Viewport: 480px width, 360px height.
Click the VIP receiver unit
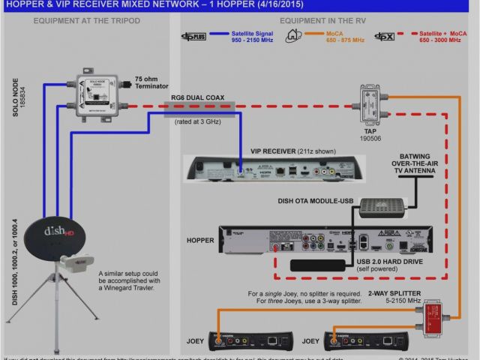277,168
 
